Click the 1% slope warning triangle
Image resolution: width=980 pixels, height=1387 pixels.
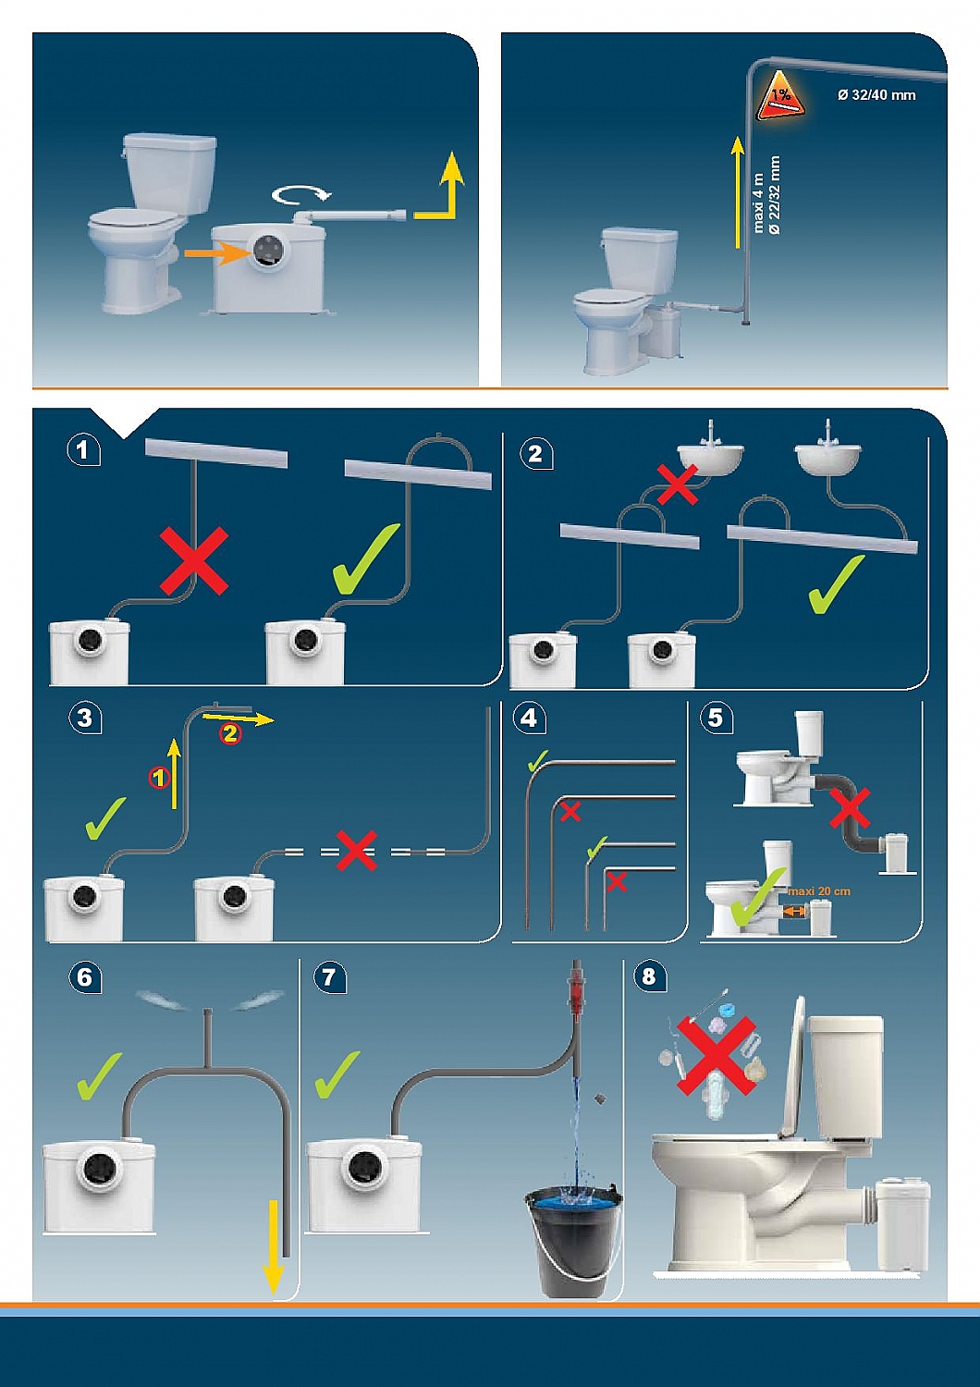[780, 97]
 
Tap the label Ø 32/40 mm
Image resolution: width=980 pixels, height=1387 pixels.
[876, 94]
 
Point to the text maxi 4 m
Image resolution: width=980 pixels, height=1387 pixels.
[758, 203]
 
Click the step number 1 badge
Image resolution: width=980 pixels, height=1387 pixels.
[83, 450]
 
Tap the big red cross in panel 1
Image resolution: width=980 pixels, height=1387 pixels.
[194, 560]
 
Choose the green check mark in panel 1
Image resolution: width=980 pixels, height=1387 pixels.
[365, 559]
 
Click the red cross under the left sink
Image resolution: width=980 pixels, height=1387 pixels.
[677, 484]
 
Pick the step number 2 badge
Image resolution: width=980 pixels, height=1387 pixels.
[535, 453]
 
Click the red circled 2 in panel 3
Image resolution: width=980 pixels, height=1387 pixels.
[229, 734]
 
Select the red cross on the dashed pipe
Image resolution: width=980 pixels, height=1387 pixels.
[356, 851]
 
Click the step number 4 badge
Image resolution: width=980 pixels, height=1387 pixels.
[529, 718]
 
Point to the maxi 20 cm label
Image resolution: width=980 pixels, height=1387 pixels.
[819, 891]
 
